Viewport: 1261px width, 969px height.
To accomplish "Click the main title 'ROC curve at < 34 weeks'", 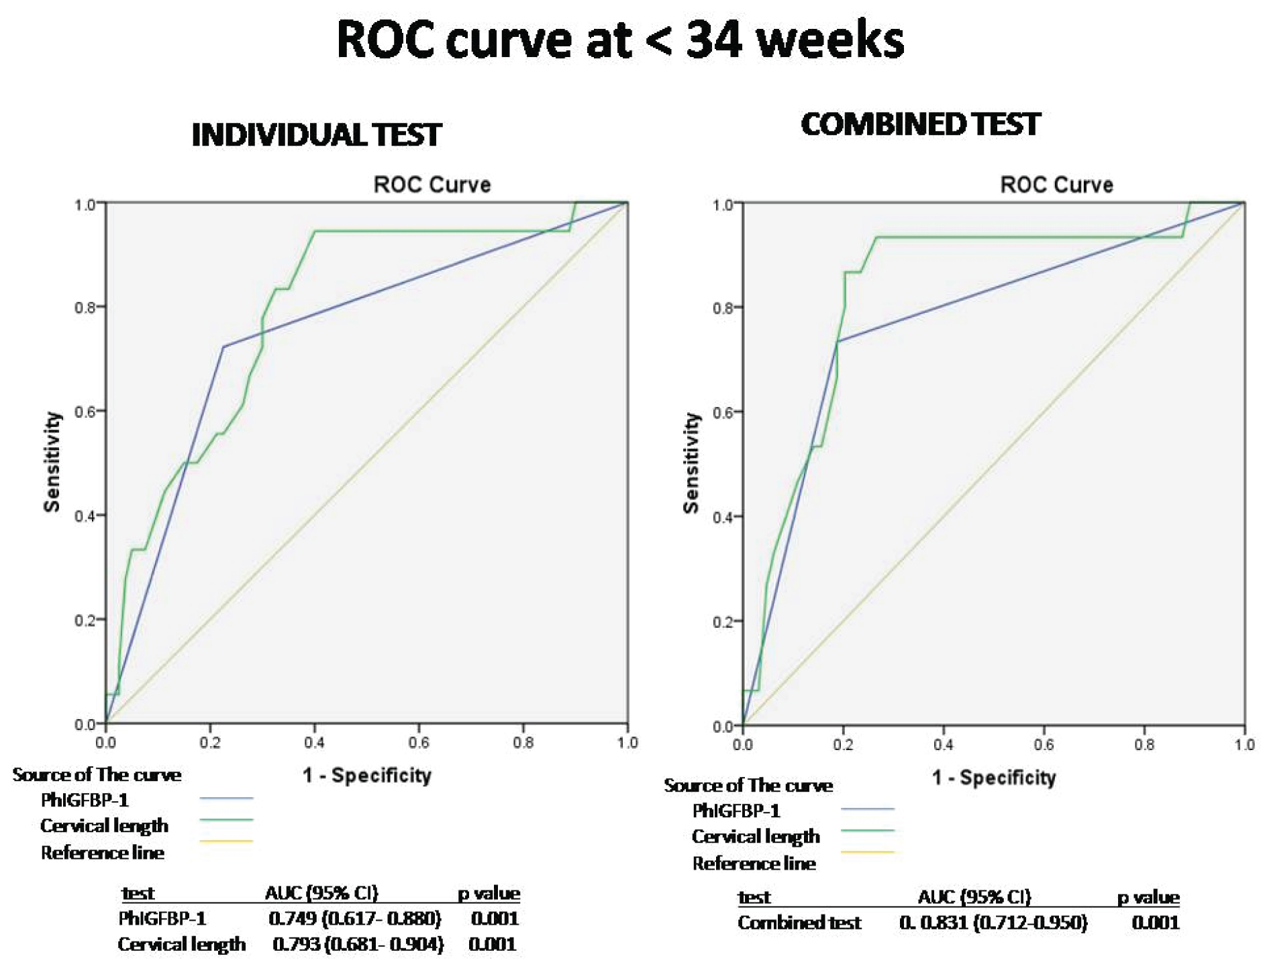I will click(619, 40).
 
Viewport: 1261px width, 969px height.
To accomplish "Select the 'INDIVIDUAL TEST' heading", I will click(316, 135).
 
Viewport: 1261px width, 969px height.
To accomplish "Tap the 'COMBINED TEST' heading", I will click(920, 125).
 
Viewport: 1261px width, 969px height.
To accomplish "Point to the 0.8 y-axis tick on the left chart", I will click(85, 308).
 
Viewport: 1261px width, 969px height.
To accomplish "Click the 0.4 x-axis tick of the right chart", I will click(943, 745).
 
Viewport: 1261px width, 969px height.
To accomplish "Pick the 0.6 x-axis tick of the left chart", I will click(419, 743).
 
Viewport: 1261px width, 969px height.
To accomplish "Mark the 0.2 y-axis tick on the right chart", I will click(723, 622).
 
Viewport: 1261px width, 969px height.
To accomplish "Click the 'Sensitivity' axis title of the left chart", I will click(52, 462).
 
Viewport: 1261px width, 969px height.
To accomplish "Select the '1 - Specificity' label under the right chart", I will click(993, 778).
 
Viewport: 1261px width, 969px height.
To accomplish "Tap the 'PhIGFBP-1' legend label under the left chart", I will click(85, 800).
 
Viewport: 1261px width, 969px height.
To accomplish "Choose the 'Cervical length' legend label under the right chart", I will click(756, 837).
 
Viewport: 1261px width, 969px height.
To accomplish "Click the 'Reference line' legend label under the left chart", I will click(102, 853).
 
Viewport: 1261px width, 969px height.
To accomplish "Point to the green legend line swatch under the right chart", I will click(867, 831).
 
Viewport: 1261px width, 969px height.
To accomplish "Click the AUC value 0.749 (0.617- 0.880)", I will click(354, 918).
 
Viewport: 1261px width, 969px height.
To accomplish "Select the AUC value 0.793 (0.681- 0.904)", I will click(358, 944).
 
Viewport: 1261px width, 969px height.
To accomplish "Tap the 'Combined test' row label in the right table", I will click(799, 923).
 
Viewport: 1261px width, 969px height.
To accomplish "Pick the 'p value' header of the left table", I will click(489, 894).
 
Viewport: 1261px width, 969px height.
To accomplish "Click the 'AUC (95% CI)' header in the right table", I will click(974, 897).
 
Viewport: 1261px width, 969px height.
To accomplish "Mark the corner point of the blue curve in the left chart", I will click(223, 347).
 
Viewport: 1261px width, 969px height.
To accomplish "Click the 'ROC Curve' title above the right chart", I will click(1056, 185).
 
